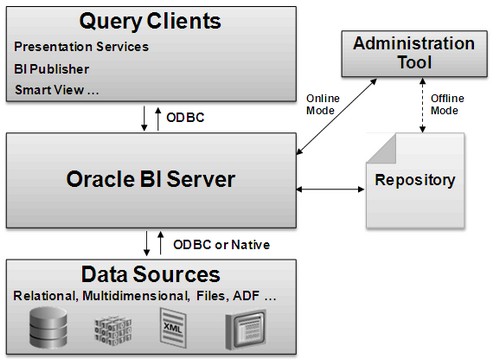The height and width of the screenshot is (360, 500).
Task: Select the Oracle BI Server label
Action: pos(149,180)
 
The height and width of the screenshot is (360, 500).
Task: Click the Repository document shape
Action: pos(413,182)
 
